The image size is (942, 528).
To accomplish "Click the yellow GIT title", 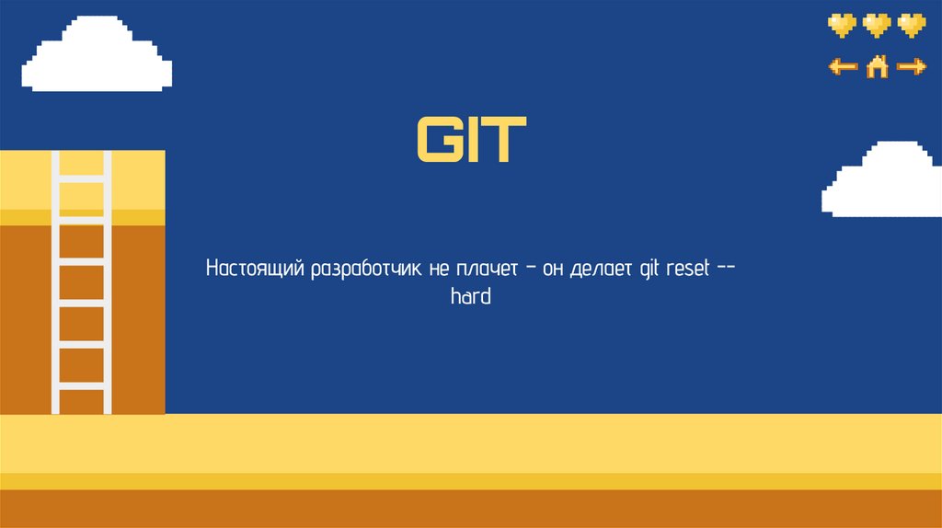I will (x=471, y=141).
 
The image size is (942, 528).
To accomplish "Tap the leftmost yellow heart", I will (x=842, y=25).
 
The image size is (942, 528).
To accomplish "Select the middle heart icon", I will (x=877, y=25).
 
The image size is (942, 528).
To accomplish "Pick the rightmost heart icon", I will (x=912, y=25).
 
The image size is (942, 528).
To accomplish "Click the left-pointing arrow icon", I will (x=843, y=66).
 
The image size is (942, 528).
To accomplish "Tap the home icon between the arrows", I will (x=878, y=66).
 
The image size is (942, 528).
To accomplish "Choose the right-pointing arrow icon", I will (x=912, y=66).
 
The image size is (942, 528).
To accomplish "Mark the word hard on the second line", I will (x=471, y=297).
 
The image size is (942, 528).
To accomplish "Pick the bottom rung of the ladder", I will (x=81, y=387).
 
